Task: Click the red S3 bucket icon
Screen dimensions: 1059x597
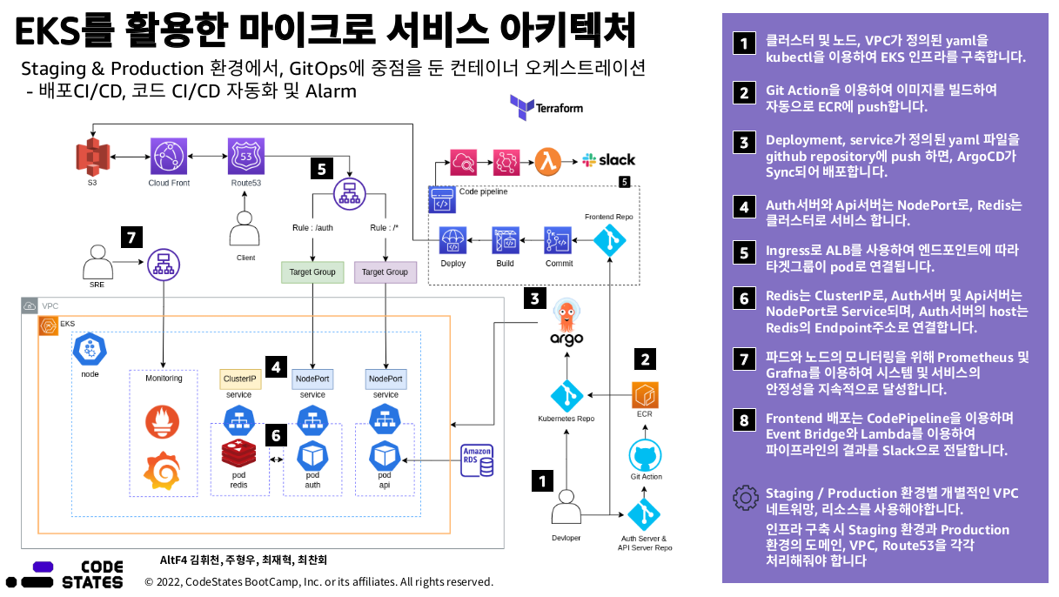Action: [x=92, y=157]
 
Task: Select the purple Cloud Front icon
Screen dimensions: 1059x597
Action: [x=169, y=156]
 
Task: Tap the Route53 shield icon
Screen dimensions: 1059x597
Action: [x=246, y=156]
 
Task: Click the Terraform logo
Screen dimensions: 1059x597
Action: [x=546, y=107]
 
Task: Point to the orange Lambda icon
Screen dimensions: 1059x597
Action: [x=548, y=162]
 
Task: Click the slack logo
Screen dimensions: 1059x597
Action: [x=608, y=160]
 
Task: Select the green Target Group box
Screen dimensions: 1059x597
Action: [x=312, y=272]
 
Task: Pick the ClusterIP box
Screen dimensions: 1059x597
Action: [x=240, y=379]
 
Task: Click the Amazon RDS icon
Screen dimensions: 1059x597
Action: [x=477, y=459]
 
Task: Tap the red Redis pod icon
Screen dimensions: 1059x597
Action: [x=238, y=453]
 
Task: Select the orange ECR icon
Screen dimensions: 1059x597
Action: [x=645, y=395]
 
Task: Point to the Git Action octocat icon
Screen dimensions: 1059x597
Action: [x=646, y=456]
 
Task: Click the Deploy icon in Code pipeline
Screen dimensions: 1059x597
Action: [x=452, y=240]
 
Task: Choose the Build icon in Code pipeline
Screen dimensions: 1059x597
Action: [x=506, y=240]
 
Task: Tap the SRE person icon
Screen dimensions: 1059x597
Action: [x=97, y=262]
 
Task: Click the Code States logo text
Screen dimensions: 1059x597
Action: [x=92, y=574]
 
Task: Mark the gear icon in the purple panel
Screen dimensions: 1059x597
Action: [x=746, y=498]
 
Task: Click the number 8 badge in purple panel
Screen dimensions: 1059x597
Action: [x=744, y=419]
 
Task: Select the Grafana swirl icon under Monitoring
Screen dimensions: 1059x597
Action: [x=162, y=471]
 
